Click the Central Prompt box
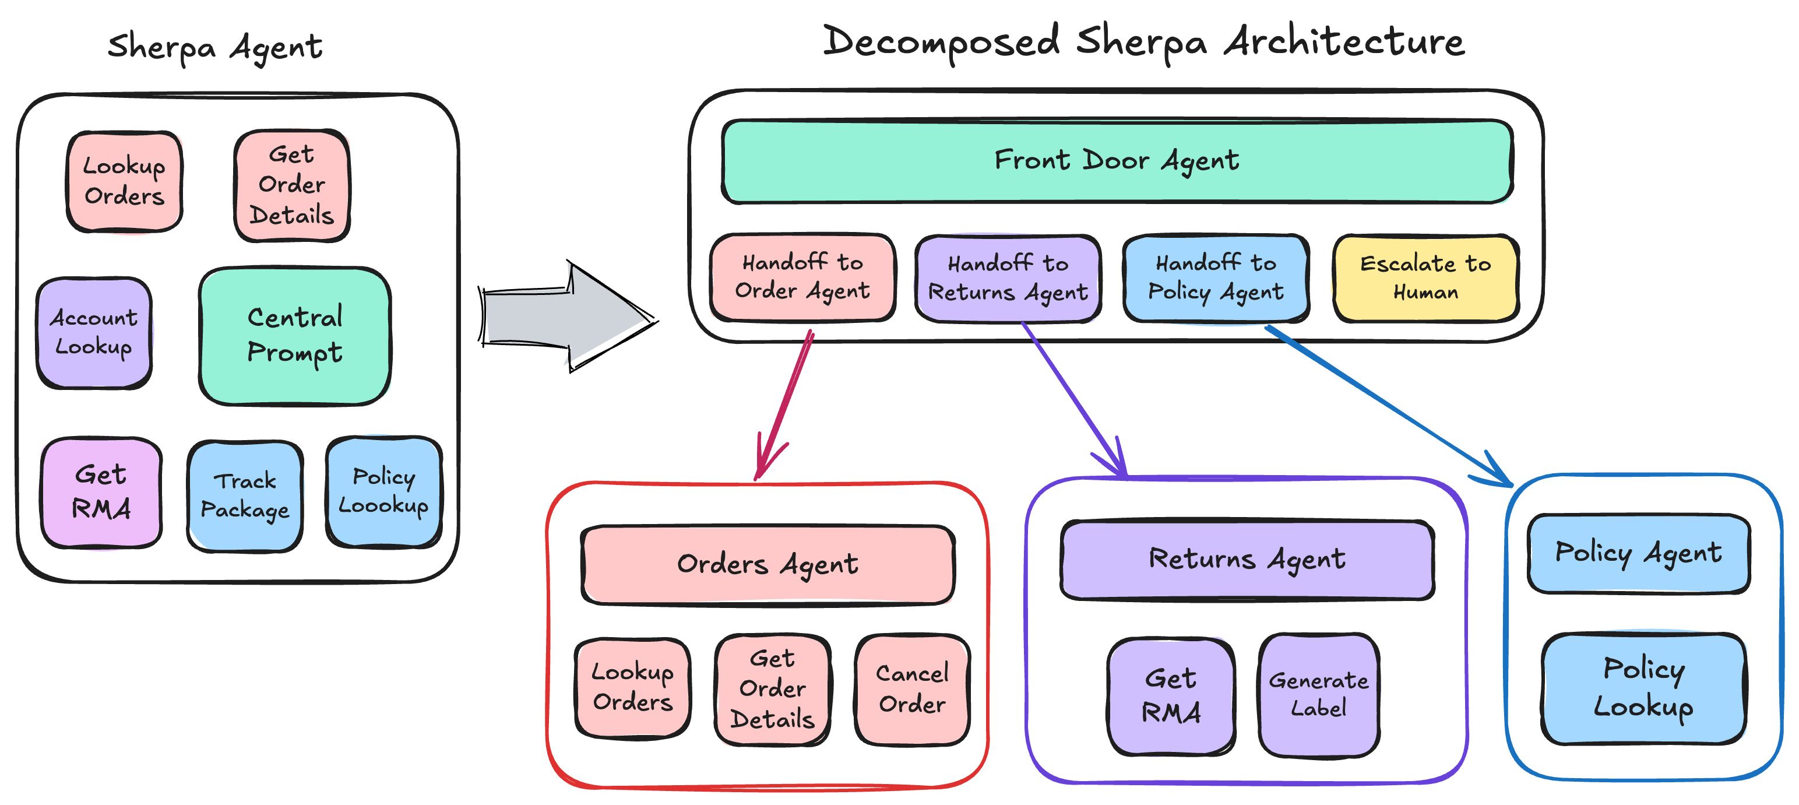295,335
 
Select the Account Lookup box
94,333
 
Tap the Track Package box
244,495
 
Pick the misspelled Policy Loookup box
383,491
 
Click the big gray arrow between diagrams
566,317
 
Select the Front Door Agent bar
1117,161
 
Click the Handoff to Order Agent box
802,277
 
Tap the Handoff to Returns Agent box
1007,278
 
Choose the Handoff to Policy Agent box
1215,278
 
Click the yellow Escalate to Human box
1425,278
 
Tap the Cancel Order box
912,689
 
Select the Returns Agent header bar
1247,560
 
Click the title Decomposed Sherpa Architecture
1143,42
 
